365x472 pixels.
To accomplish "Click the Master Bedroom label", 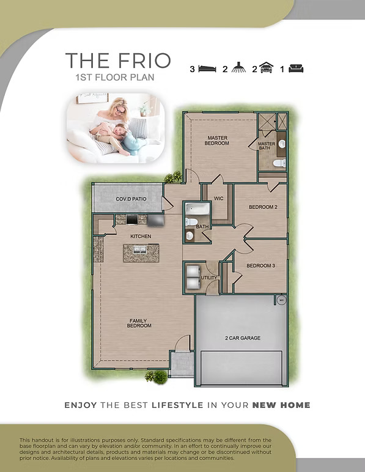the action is coord(217,141).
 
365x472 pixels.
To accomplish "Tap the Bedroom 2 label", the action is coord(263,207).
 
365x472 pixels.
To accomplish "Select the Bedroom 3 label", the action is coord(261,266).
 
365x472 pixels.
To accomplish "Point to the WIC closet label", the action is coord(219,198).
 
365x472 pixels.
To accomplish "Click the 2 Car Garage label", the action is coord(243,338).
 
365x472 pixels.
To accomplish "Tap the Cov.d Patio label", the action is coord(131,199).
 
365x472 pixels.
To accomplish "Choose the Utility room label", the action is coord(209,278).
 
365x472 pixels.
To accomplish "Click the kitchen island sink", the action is coord(140,250).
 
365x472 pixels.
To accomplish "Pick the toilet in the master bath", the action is coord(279,163).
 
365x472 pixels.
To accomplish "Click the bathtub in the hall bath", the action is coord(197,208).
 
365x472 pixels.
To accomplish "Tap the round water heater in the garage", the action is coord(282,300).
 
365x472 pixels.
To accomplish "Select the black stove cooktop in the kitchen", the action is coord(132,219).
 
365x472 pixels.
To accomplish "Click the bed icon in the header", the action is coord(207,69).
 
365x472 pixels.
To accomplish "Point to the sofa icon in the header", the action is coord(296,68).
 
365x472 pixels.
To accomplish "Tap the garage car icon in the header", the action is coord(266,68).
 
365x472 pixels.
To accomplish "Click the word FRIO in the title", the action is coord(144,61).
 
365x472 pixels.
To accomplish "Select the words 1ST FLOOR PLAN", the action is coord(115,78).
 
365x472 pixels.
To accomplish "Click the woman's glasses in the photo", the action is coord(120,111).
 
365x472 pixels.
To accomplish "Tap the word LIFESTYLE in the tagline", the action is coord(177,405).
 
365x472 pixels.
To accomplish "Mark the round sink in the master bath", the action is coord(282,144).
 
